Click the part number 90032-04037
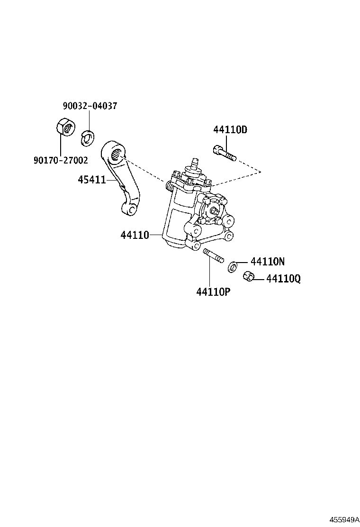pyautogui.click(x=90, y=106)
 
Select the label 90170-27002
pyautogui.click(x=61, y=160)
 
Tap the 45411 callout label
pyautogui.click(x=92, y=180)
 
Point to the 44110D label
pyautogui.click(x=231, y=129)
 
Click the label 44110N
pyautogui.click(x=268, y=261)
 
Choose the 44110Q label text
pyautogui.click(x=283, y=279)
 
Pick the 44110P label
pyautogui.click(x=213, y=291)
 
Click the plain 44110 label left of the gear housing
pyautogui.click(x=135, y=234)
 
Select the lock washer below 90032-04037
pyautogui.click(x=87, y=136)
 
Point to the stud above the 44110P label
pyautogui.click(x=213, y=256)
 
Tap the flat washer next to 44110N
pyautogui.click(x=233, y=267)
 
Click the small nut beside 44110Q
pyautogui.click(x=247, y=276)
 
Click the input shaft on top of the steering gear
pyautogui.click(x=194, y=164)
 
